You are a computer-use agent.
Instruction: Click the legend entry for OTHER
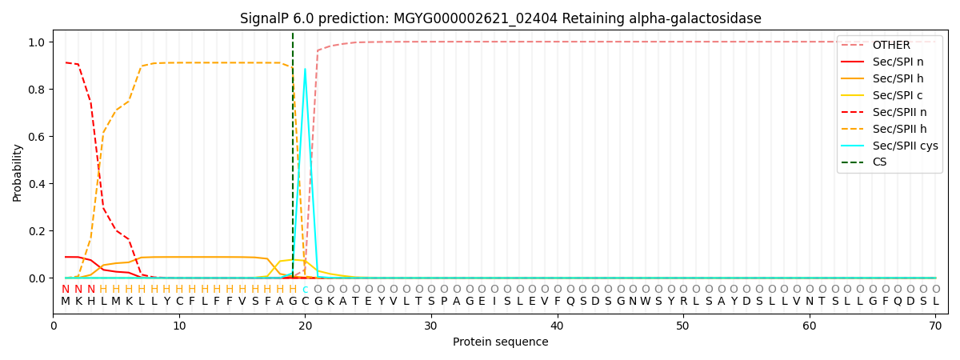point(890,45)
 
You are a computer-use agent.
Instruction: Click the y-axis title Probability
point(18,172)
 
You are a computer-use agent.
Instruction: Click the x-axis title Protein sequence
point(501,342)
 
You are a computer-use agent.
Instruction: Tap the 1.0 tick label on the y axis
point(35,42)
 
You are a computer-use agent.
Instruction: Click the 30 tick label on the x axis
point(431,326)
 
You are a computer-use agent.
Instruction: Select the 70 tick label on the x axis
point(935,326)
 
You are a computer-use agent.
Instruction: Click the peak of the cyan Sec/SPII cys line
point(305,69)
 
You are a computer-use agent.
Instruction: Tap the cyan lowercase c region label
point(305,289)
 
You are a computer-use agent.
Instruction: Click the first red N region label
point(66,289)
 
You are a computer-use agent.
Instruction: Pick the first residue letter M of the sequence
point(66,302)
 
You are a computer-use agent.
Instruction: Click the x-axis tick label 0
point(54,326)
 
